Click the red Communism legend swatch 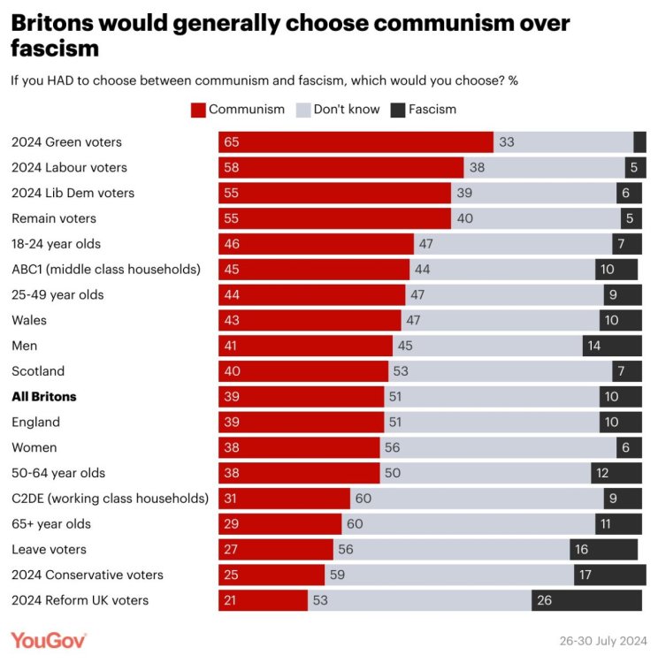198,110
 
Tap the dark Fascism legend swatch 397,110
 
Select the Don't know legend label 347,110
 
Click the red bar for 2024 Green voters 356,142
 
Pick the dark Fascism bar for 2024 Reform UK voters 586,600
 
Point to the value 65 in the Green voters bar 232,142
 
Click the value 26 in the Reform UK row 544,600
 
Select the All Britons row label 43,397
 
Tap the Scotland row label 38,371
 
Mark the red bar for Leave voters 276,550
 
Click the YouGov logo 49,639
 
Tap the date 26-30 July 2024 601,640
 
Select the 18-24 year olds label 56,244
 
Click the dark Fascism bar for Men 612,346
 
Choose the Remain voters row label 54,218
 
